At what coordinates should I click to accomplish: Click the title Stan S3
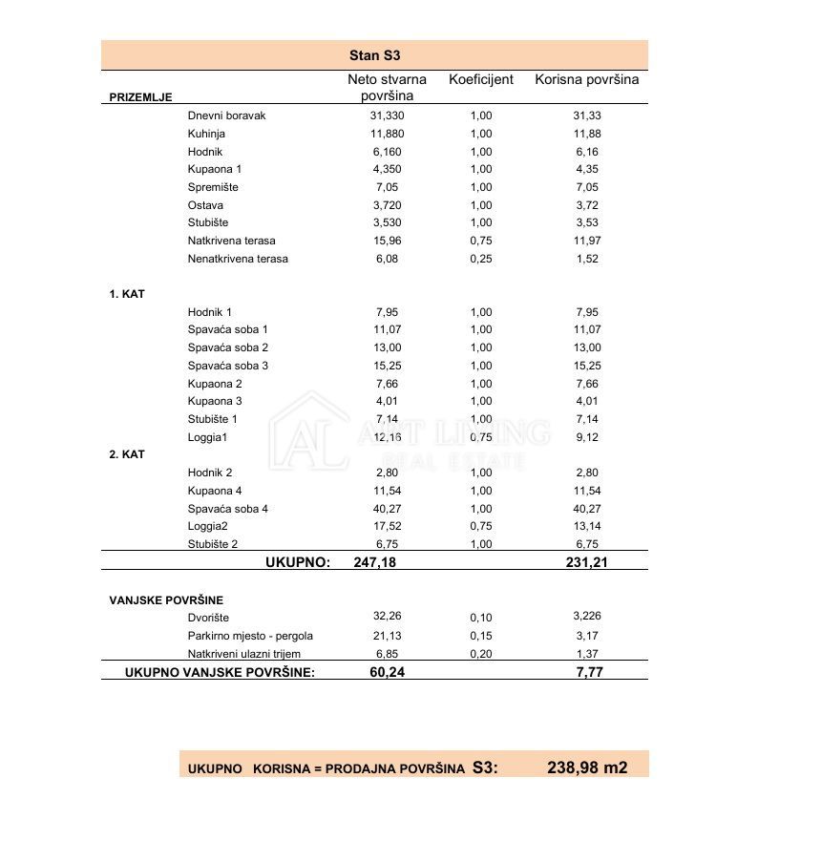tap(374, 55)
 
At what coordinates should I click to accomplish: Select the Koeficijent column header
tap(481, 79)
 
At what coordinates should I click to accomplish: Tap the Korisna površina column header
tap(586, 79)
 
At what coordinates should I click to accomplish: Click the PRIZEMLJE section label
tap(140, 97)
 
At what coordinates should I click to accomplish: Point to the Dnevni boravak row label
tap(226, 116)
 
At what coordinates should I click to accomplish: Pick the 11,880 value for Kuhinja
tap(387, 134)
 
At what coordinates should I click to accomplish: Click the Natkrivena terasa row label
tap(231, 241)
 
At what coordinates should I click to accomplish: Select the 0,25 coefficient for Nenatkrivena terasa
tap(481, 259)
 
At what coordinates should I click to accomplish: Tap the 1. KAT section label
tap(127, 294)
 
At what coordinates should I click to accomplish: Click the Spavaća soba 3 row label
tap(228, 366)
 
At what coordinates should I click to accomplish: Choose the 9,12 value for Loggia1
tap(587, 437)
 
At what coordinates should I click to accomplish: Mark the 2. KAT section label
tap(127, 454)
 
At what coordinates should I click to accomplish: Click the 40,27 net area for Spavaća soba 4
tap(388, 509)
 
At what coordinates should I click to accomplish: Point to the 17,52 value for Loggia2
tap(388, 526)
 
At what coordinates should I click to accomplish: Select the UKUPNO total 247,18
tap(374, 562)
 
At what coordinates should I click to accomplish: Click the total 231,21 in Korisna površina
tap(586, 562)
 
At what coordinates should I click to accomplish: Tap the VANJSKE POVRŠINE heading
tap(166, 600)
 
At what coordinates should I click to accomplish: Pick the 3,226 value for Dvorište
tap(587, 617)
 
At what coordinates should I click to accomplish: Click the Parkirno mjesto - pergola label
tap(250, 636)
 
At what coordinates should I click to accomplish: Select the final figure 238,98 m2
tap(587, 767)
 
